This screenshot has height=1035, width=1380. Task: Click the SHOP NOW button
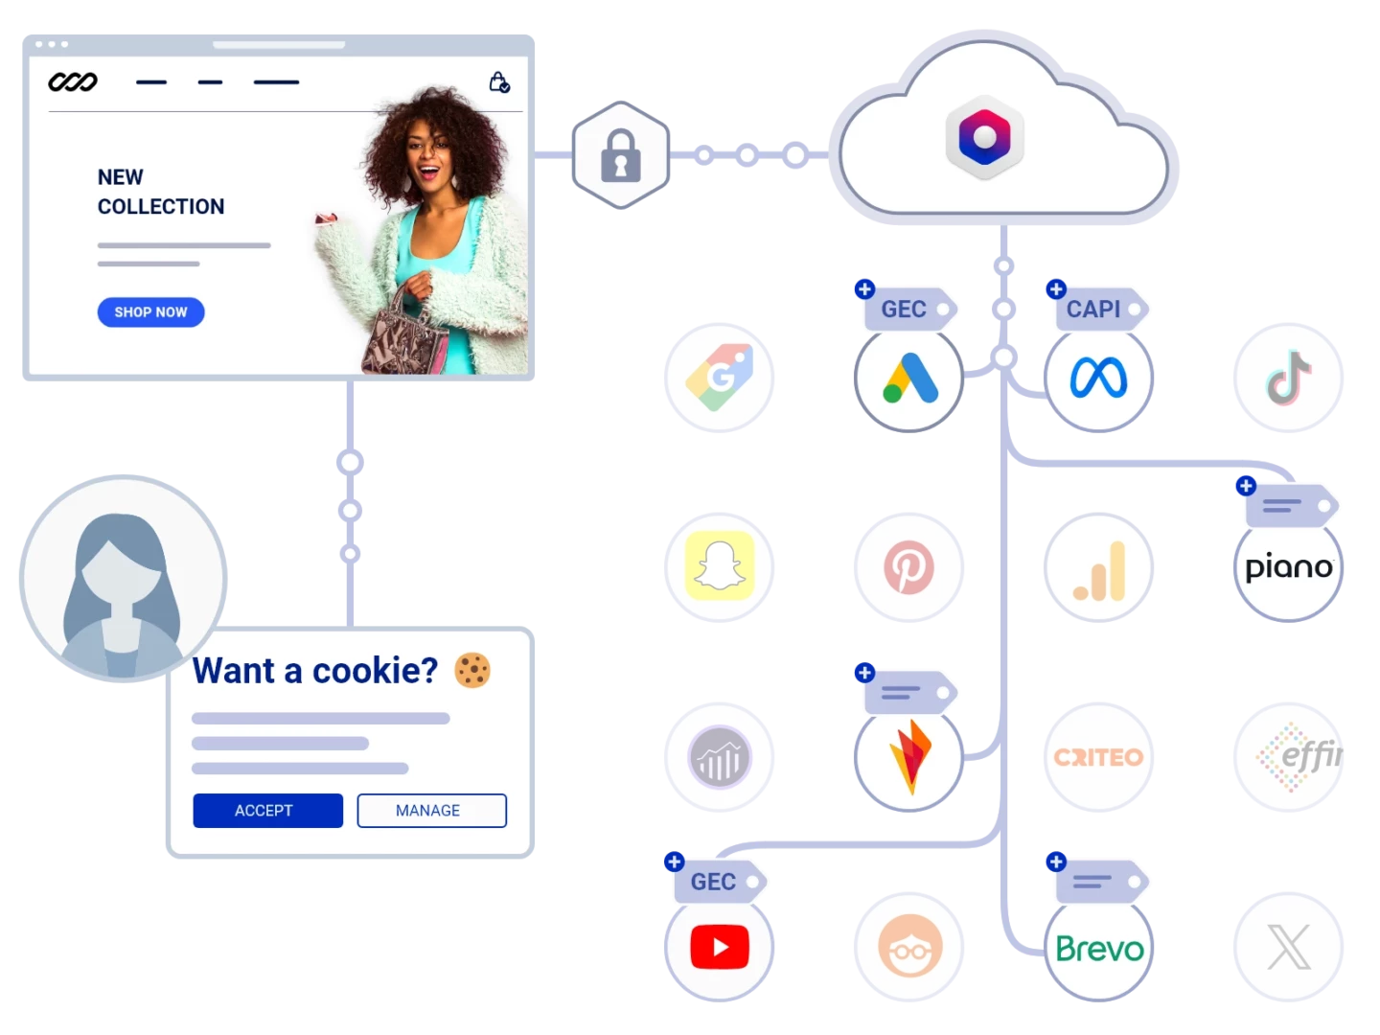pyautogui.click(x=150, y=312)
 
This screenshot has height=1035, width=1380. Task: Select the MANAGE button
pyautogui.click(x=431, y=811)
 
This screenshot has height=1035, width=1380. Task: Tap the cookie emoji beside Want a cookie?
pyautogui.click(x=472, y=671)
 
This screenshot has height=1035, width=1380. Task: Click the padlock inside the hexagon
pyautogui.click(x=621, y=156)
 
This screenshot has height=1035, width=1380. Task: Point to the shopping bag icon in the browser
pyautogui.click(x=499, y=82)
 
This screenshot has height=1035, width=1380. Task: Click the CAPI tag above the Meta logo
pyautogui.click(x=1097, y=309)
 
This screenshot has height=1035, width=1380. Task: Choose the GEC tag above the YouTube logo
pyautogui.click(x=718, y=881)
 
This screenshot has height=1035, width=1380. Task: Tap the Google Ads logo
pyautogui.click(x=909, y=378)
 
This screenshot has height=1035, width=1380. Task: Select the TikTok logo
pyautogui.click(x=1288, y=378)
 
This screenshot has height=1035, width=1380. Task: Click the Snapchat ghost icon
pyautogui.click(x=720, y=565)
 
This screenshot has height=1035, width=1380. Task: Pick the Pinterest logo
pyautogui.click(x=908, y=566)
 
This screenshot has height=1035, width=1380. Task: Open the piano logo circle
pyautogui.click(x=1288, y=567)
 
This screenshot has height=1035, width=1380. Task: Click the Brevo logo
pyautogui.click(x=1099, y=949)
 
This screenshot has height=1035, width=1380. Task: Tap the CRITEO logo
pyautogui.click(x=1098, y=757)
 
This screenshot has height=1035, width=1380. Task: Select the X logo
pyautogui.click(x=1289, y=947)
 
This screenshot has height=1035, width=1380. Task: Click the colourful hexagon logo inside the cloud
pyautogui.click(x=984, y=137)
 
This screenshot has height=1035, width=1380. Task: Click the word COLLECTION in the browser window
pyautogui.click(x=161, y=206)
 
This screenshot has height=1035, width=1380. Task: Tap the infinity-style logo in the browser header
pyautogui.click(x=73, y=81)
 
